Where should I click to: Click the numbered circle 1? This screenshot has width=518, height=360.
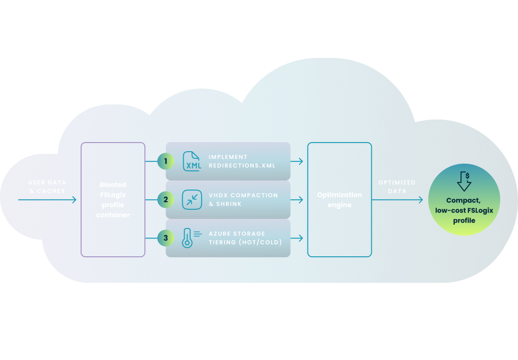click(x=165, y=161)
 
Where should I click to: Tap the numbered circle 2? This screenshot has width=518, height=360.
click(x=165, y=199)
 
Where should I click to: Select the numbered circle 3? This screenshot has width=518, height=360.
click(x=165, y=237)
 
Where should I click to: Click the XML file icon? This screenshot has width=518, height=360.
click(x=192, y=161)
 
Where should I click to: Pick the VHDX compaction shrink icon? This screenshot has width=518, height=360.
click(x=192, y=200)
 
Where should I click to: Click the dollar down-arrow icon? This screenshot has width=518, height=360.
click(x=464, y=181)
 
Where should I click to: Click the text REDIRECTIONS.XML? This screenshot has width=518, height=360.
click(x=242, y=166)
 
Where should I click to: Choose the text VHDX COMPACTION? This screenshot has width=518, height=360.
click(x=243, y=195)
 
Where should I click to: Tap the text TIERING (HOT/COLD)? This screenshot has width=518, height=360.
click(x=245, y=242)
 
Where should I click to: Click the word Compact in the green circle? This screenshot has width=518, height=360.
click(x=464, y=200)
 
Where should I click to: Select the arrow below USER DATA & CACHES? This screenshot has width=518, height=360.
click(x=47, y=200)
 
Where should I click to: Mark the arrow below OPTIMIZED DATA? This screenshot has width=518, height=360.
click(x=397, y=200)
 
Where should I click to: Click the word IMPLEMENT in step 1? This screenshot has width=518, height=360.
click(x=228, y=157)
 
